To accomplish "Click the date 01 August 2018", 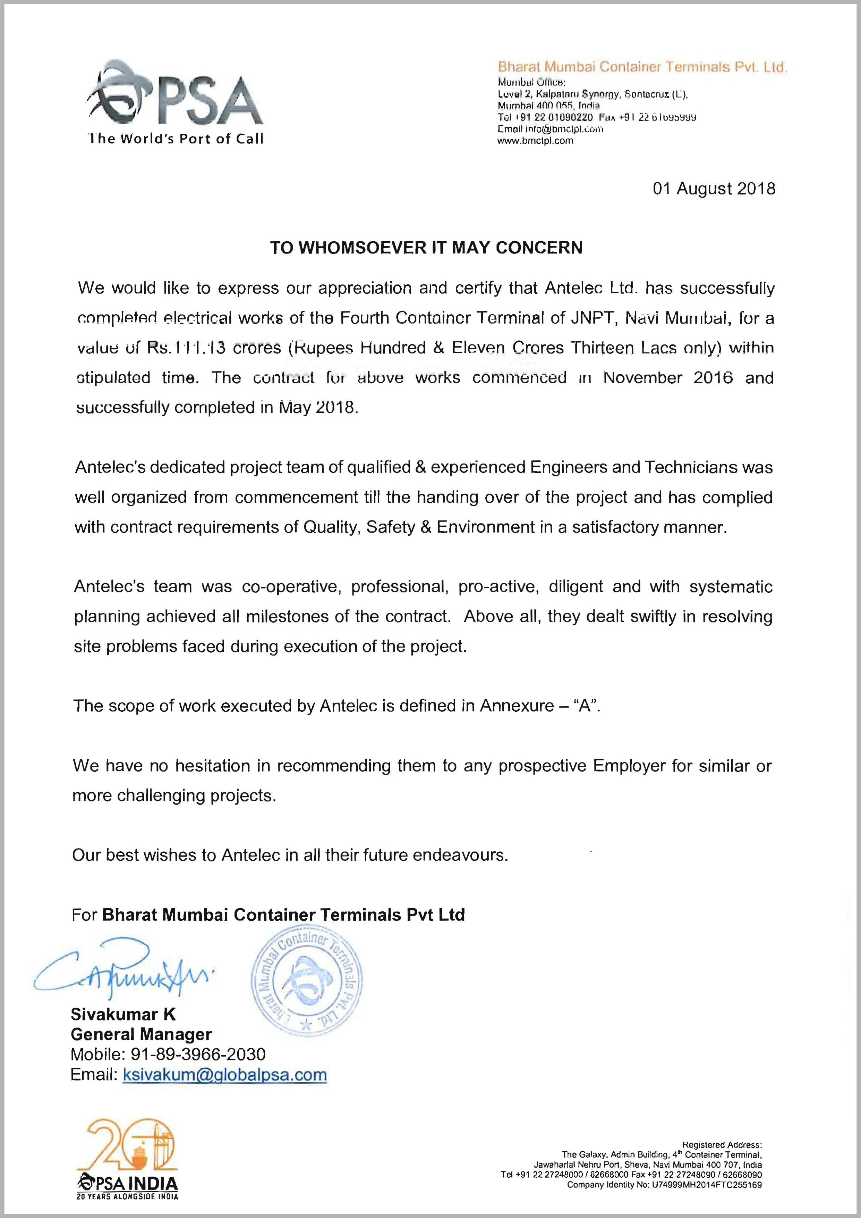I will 714,188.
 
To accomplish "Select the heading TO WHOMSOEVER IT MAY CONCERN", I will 426,248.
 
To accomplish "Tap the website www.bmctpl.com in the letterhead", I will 536,141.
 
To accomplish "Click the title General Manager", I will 141,1034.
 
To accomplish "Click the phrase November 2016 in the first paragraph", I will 668,378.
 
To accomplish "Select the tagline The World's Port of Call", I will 176,139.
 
